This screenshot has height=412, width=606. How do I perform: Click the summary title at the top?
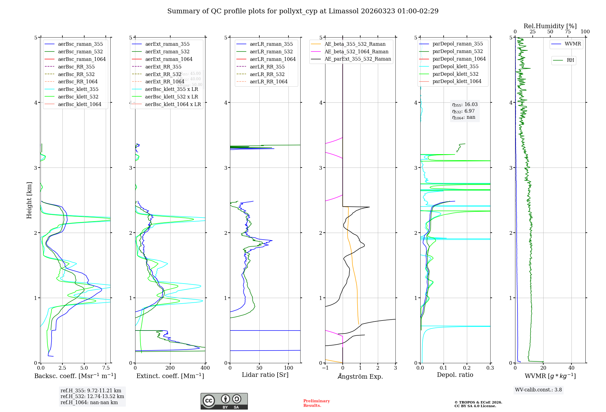coord(303,11)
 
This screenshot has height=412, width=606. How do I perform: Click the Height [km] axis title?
coord(29,200)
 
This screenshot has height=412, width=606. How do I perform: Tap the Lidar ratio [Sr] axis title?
coord(265,375)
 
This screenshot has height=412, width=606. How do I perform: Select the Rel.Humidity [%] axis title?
coord(550,26)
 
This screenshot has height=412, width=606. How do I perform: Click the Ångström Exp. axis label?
coord(360,376)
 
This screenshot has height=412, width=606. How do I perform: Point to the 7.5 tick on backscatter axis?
coord(106,368)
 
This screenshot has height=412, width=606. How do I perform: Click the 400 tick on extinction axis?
coord(205,368)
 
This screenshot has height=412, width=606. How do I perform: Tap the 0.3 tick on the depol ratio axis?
coord(490,368)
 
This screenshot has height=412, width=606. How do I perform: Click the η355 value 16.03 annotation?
coord(465,105)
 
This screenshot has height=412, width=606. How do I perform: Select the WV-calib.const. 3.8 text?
coord(538,390)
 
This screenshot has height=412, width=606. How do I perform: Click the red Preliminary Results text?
coord(316,403)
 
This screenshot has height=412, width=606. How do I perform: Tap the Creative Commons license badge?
coord(224,401)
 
